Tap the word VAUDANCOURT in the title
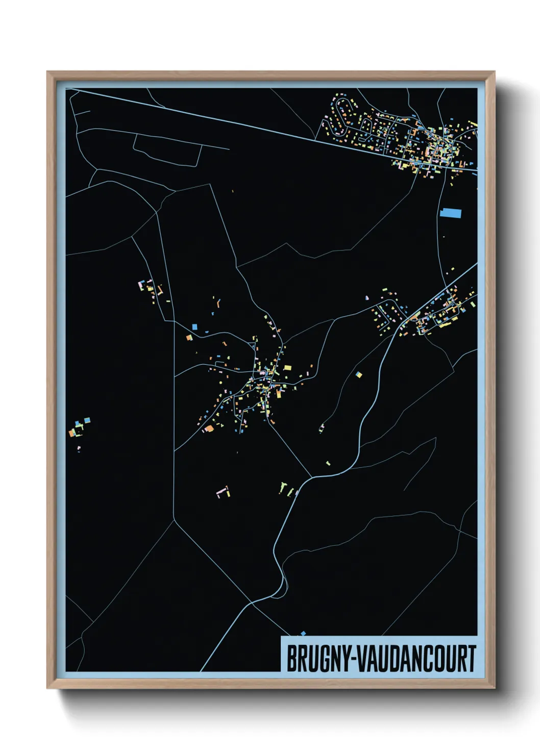[x=416, y=659]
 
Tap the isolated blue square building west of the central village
[x=194, y=327]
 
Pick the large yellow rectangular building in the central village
[x=287, y=367]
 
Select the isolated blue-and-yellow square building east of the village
[x=359, y=375]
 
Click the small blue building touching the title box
[x=303, y=634]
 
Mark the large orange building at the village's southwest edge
[x=208, y=429]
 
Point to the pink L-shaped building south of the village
[x=222, y=492]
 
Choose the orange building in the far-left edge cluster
[x=72, y=433]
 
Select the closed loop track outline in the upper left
[x=166, y=149]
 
